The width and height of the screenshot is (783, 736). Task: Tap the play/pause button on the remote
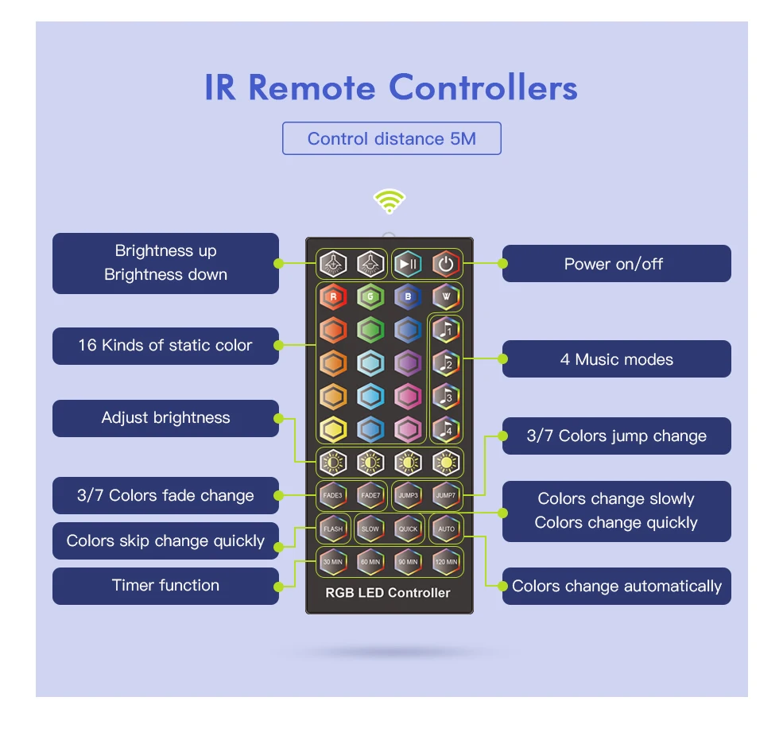[408, 264]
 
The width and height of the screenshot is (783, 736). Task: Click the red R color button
[333, 297]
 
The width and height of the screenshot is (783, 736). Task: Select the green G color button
[370, 297]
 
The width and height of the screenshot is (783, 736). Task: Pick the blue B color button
[408, 297]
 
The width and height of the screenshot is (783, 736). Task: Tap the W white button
[446, 297]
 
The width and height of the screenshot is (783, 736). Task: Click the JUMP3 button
[409, 495]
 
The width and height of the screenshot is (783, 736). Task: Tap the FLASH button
[333, 529]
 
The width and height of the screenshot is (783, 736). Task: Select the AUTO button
[446, 529]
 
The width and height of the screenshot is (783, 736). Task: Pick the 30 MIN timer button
[333, 562]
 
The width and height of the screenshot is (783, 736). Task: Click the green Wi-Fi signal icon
[390, 202]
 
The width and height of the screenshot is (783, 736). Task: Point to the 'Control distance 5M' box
[392, 139]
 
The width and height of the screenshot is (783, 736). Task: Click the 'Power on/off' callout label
[616, 264]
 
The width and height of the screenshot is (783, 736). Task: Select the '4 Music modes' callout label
[616, 359]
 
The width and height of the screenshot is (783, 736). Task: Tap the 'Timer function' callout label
[165, 586]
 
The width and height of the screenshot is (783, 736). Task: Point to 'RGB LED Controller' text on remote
[388, 593]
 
